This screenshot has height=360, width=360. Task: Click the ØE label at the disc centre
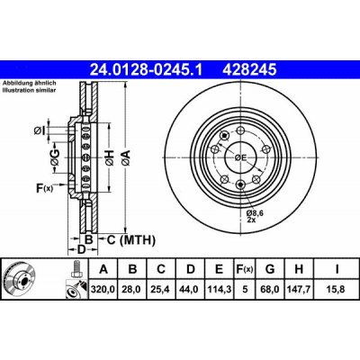240,157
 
